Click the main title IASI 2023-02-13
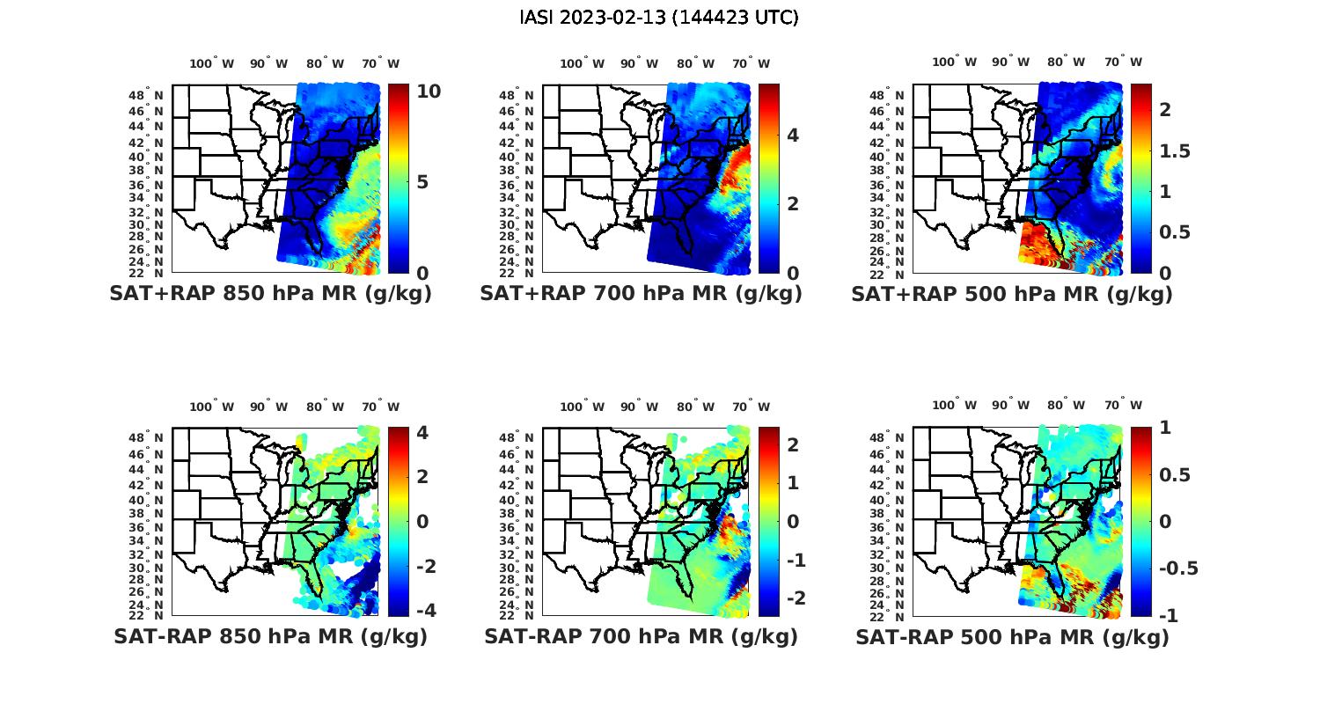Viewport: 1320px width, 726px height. pos(659,18)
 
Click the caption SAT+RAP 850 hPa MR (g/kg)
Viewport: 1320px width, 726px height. pos(270,294)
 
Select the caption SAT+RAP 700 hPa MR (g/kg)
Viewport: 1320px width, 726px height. pos(641,294)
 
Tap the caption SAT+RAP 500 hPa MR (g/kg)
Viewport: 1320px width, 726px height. pos(1011,294)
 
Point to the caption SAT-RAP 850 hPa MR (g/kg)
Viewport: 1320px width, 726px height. pos(270,636)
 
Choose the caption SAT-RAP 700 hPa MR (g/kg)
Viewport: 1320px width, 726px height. pos(641,636)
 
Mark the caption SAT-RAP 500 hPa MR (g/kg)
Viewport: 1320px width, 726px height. pos(1012,636)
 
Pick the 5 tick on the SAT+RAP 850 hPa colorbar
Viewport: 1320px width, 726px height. pos(423,182)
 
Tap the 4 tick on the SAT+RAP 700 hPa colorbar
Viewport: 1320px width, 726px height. pos(793,135)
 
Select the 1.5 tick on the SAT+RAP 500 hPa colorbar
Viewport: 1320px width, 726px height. pos(1174,151)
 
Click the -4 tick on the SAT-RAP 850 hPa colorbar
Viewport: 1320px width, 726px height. pos(421,610)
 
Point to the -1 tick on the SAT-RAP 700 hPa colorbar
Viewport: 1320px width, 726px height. pos(789,560)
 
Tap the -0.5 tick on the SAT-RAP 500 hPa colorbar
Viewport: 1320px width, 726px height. pos(1178,568)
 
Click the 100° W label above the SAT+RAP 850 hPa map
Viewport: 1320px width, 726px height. pos(212,63)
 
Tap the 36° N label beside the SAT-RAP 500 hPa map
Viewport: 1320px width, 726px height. pos(888,527)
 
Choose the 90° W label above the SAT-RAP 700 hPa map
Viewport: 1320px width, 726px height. pos(640,407)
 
